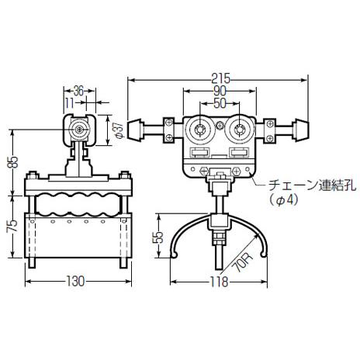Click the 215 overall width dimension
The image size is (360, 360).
pyautogui.click(x=220, y=78)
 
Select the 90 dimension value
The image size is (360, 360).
pyautogui.click(x=220, y=91)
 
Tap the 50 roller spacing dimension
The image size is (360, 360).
pyautogui.click(x=220, y=103)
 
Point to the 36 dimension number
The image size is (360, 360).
pyautogui.click(x=78, y=91)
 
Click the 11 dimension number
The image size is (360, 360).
pyautogui.click(x=69, y=103)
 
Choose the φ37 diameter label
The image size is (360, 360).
pyautogui.click(x=119, y=130)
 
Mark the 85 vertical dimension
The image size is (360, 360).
pyautogui.click(x=13, y=162)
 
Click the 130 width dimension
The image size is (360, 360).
pyautogui.click(x=75, y=281)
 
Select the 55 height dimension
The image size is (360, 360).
pyautogui.click(x=159, y=237)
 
